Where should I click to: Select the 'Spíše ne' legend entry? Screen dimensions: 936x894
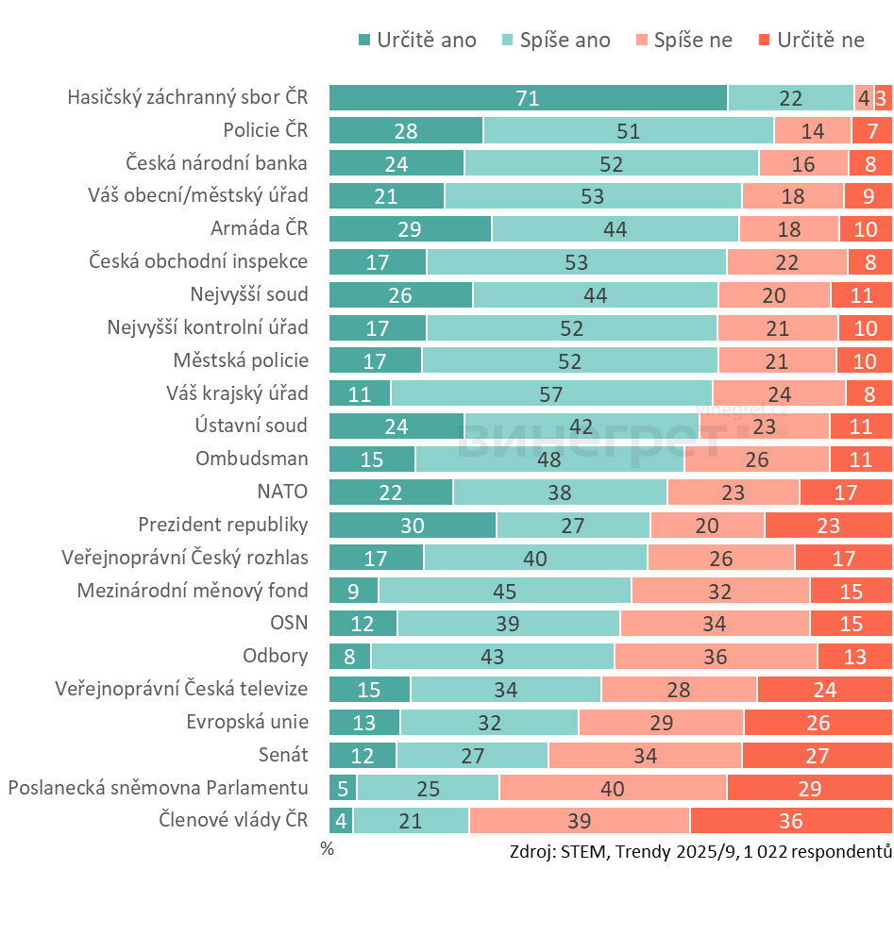coord(684,40)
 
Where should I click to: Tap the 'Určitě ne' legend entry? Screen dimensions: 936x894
coord(811,40)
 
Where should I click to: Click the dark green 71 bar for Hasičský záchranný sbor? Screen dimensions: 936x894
coord(528,98)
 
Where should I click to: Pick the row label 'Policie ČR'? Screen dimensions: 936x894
coord(265,130)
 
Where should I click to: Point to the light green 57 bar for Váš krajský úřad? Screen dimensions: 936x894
coord(551,393)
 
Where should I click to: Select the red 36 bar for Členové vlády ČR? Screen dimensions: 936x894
coord(790,821)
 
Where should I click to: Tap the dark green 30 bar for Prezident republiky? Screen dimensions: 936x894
coord(412,526)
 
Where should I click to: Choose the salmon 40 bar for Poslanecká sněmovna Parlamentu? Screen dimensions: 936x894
coord(613,788)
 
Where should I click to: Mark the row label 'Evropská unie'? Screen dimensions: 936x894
coord(247,722)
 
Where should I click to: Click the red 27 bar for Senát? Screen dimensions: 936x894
coord(817,756)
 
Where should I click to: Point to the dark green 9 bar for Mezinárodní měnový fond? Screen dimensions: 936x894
coord(353,591)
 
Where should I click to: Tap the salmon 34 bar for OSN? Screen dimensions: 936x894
coord(715,624)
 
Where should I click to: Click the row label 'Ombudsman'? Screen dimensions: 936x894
coord(251,459)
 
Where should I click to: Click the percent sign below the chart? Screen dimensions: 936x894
coord(327,848)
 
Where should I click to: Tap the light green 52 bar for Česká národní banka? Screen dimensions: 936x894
coord(611,163)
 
